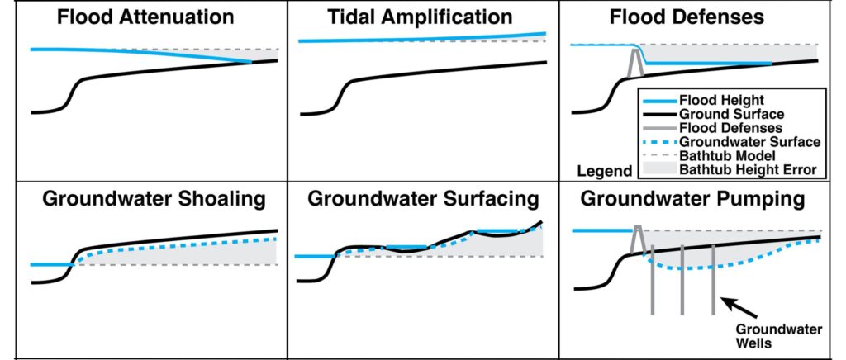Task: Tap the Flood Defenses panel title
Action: click(698, 17)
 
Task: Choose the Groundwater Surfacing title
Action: click(423, 200)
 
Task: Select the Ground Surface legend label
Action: click(731, 113)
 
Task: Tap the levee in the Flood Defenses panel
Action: click(635, 63)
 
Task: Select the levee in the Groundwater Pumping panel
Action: click(637, 239)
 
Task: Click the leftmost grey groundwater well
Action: click(653, 281)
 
